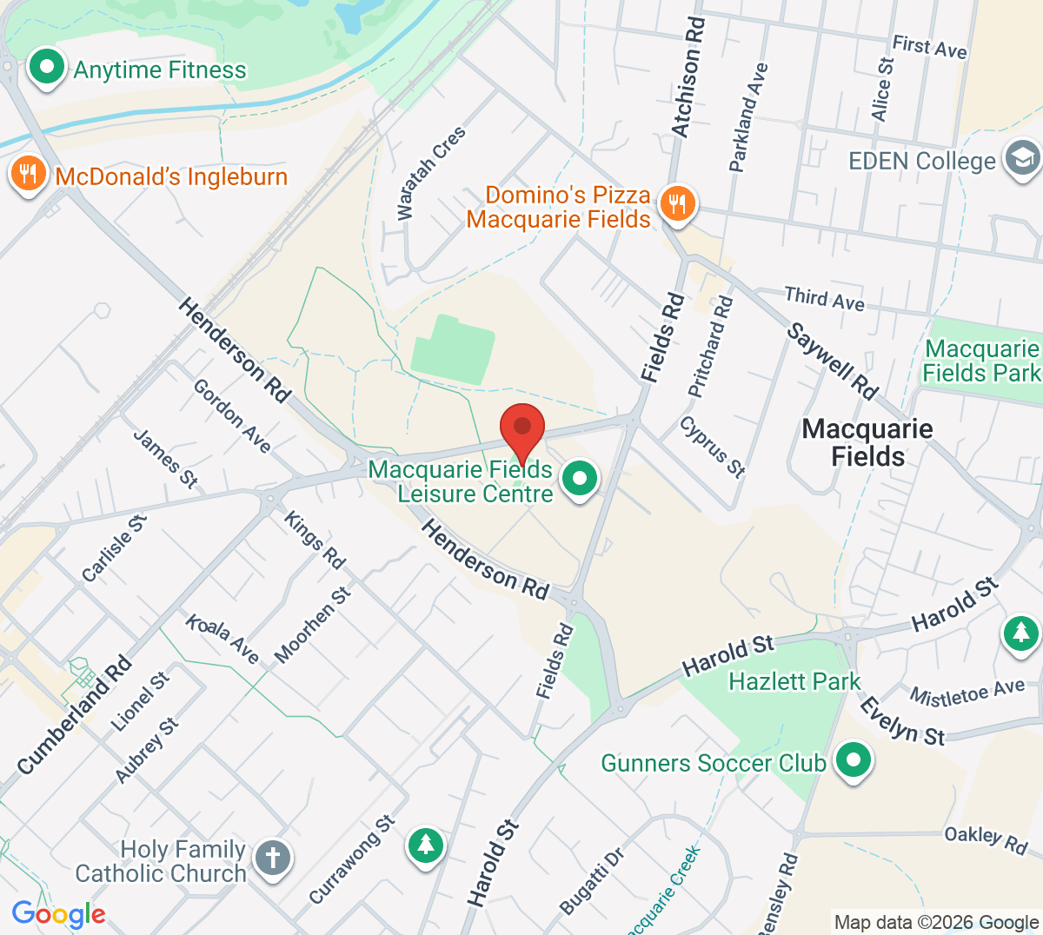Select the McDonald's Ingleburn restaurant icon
[28, 175]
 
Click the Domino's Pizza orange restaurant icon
[676, 204]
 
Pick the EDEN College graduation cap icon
[1021, 159]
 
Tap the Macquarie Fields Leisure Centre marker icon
[579, 479]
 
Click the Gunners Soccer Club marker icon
[853, 760]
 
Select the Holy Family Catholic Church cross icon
[272, 859]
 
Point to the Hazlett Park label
[794, 681]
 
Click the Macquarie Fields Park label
[980, 361]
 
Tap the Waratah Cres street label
[431, 173]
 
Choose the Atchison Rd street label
[688, 78]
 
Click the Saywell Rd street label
[833, 361]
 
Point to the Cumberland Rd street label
[76, 714]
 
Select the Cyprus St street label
[713, 447]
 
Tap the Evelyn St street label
[901, 722]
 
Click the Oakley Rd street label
[986, 839]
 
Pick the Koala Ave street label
[223, 639]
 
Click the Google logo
[58, 914]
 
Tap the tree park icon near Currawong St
[425, 844]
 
